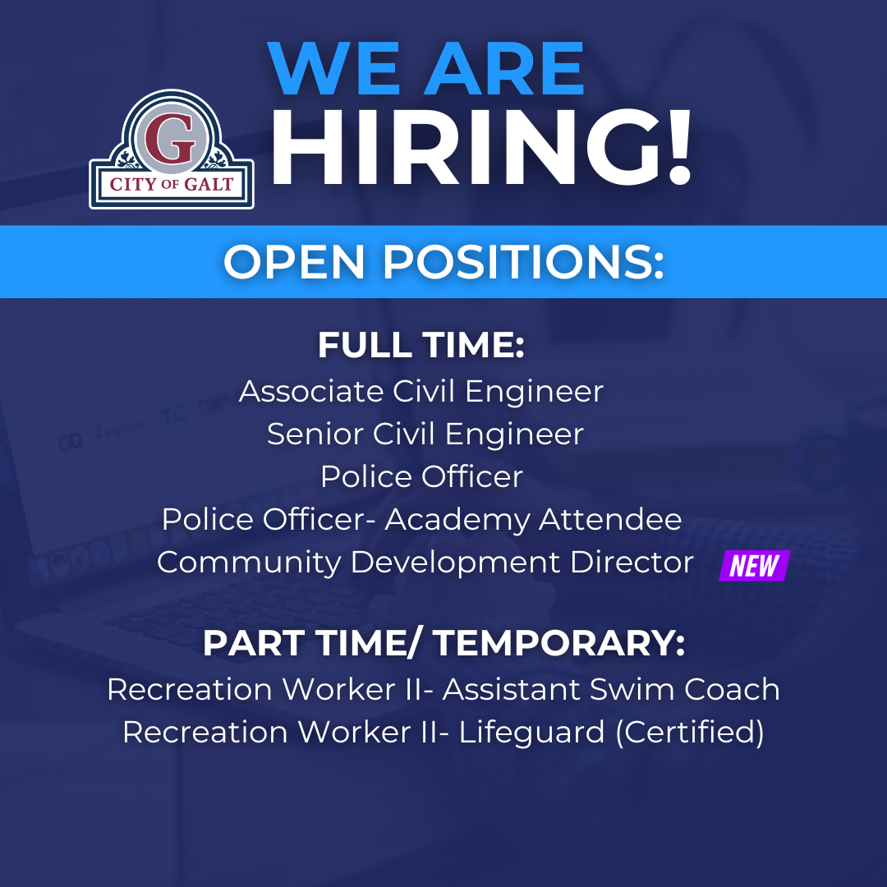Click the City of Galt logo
click(x=172, y=149)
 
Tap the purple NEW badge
click(x=754, y=565)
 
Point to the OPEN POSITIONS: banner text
click(x=443, y=262)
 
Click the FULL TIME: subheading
click(x=421, y=346)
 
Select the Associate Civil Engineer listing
click(x=421, y=391)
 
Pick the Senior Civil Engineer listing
click(x=425, y=434)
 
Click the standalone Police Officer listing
click(x=421, y=476)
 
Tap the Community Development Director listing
click(x=425, y=563)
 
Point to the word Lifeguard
click(x=532, y=732)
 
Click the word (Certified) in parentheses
click(x=690, y=732)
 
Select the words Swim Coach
click(x=685, y=689)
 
